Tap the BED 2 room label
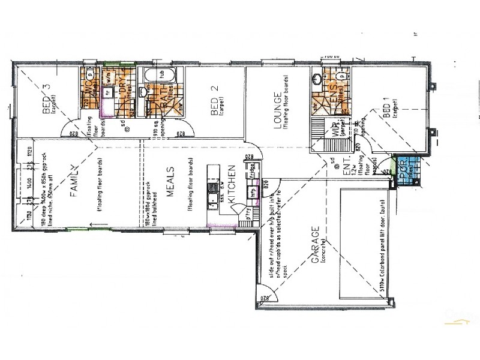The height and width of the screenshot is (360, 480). [215, 99]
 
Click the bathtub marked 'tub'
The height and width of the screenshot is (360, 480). [161, 77]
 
